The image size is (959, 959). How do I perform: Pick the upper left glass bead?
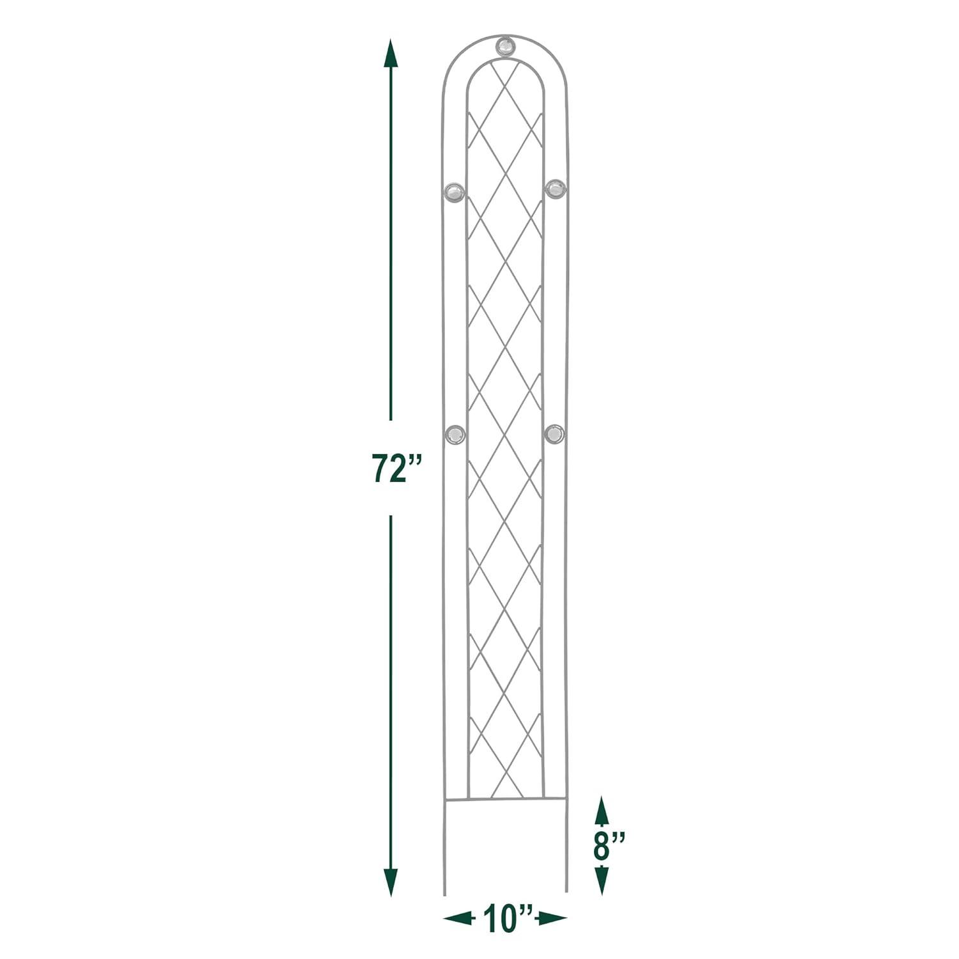[455, 191]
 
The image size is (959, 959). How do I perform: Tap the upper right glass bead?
[554, 189]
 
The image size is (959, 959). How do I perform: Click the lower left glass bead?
[455, 435]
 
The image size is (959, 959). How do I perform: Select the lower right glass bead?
[554, 433]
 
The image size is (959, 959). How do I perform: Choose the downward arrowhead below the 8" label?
[601, 880]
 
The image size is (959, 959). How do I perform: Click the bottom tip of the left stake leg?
[444, 893]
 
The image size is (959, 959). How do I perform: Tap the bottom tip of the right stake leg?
[566, 890]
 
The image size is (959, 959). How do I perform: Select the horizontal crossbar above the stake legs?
[505, 799]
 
